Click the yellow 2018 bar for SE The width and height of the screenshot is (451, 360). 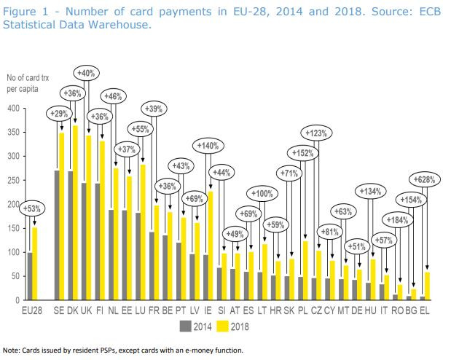[62, 216]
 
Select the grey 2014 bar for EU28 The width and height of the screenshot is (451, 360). [31, 276]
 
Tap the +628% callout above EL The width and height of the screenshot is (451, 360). [426, 179]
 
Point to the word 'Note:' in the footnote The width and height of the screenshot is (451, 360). [12, 351]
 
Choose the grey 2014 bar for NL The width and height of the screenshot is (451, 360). [111, 255]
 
